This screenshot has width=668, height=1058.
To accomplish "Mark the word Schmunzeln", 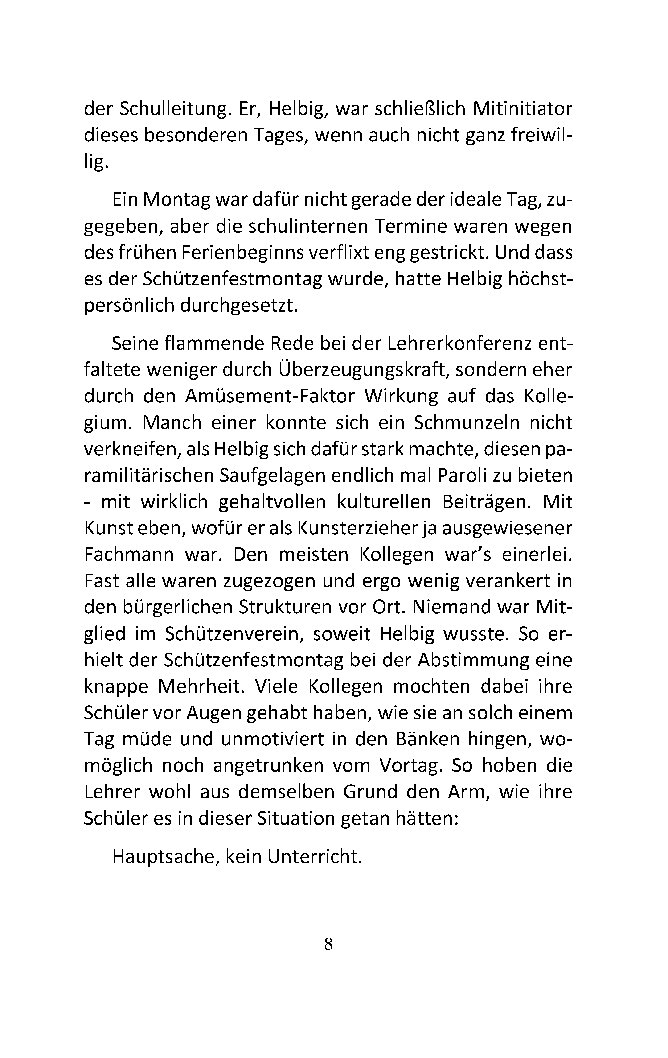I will click(x=466, y=423).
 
